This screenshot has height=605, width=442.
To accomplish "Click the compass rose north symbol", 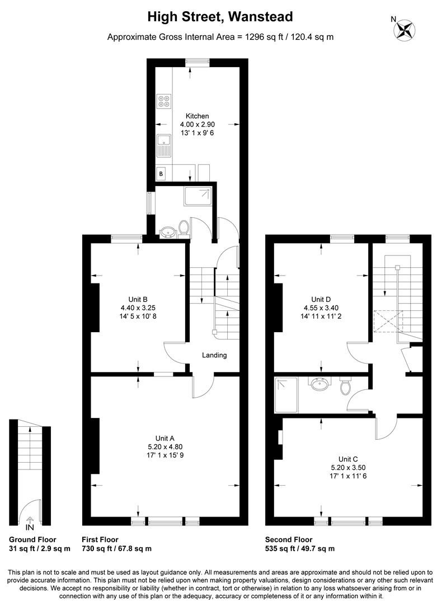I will coord(404,29).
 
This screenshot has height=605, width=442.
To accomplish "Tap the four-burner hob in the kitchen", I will coord(164,101).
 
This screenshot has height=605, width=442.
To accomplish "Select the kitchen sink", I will coord(164,145).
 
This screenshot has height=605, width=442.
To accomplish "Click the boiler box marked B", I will coord(161,174).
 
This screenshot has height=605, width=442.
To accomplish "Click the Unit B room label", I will coord(137,299).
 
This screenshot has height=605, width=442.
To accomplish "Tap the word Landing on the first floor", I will coord(214,355).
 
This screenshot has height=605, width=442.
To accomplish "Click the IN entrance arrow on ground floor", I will coord(30,523).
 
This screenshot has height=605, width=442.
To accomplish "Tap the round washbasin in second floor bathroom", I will coord(321,385).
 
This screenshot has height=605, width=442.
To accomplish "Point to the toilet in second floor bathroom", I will coord(346,387).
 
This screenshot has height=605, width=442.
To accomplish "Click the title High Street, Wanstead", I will coord(220,17).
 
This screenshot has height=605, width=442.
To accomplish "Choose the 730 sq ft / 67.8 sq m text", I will coord(117,548).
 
